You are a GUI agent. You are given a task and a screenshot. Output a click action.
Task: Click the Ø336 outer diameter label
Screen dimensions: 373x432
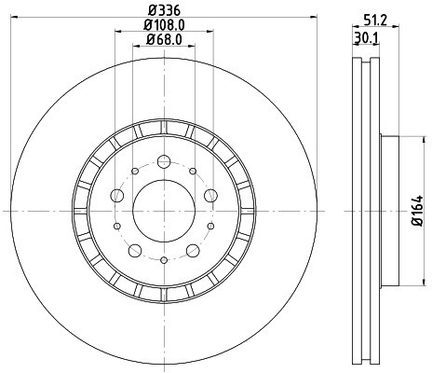(x=163, y=11)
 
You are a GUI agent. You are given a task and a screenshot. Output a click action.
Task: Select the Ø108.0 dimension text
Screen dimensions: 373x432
(x=163, y=25)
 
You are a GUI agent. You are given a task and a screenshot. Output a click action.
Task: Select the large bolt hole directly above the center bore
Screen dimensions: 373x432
(x=163, y=161)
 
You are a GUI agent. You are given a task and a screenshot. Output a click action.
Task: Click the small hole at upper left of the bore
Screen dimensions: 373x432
(x=133, y=172)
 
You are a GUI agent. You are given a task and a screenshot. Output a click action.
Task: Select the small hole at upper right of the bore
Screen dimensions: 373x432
(x=193, y=172)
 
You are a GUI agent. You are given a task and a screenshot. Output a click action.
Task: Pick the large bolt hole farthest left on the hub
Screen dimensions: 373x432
(x=116, y=196)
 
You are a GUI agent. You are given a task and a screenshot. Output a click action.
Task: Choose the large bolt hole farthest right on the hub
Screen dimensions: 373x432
(x=209, y=196)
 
